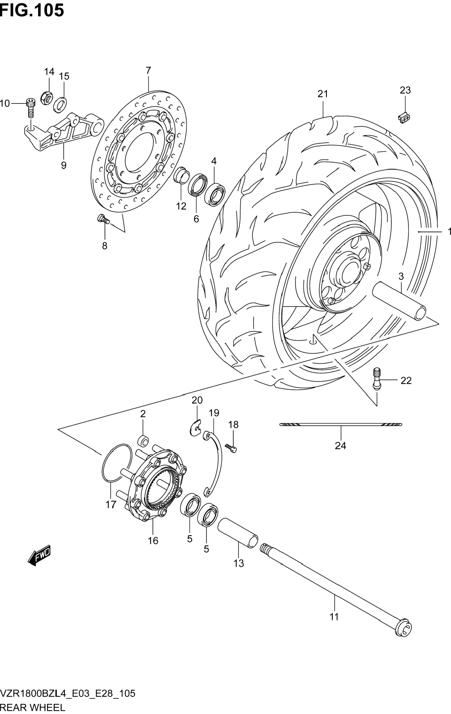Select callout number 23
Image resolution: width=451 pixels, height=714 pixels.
pos(405,90)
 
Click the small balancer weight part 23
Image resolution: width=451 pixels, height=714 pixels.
pos(404,118)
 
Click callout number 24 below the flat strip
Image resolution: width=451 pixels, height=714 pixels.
pos(340,446)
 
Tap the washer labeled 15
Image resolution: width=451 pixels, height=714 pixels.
pos(60,104)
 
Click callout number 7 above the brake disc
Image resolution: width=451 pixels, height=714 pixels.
pos(148,70)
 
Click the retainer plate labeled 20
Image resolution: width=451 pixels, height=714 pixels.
pos(195,428)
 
